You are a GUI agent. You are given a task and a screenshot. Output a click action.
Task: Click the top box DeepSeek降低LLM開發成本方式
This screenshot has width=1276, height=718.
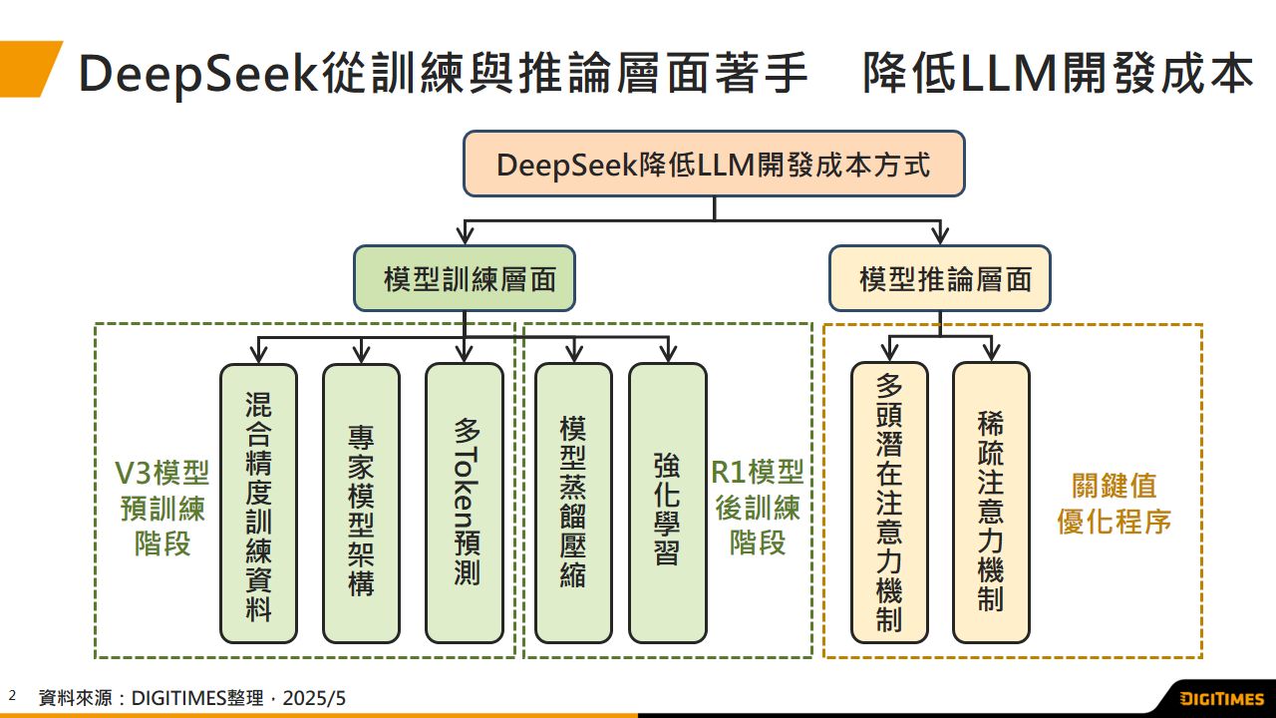(714, 164)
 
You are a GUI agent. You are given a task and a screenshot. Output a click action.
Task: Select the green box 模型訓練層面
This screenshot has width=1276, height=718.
(465, 278)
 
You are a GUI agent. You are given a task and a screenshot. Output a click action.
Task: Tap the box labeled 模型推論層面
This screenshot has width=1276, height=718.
(940, 278)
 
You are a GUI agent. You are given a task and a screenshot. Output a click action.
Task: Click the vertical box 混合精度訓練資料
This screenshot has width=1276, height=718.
(259, 503)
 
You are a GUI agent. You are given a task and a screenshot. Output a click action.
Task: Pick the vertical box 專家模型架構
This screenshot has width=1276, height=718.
(361, 503)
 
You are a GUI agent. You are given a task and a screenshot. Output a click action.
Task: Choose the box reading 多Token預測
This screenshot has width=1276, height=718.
(465, 503)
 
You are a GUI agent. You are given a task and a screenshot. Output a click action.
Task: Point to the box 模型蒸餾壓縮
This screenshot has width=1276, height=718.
(573, 503)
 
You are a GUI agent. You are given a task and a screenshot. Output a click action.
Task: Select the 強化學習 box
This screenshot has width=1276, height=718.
(668, 503)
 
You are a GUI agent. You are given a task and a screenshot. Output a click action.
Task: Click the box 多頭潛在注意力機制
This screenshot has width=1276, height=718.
(889, 503)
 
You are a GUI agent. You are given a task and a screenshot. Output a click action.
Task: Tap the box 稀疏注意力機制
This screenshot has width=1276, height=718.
(991, 503)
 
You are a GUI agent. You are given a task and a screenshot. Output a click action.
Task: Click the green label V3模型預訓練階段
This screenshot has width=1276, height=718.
(161, 509)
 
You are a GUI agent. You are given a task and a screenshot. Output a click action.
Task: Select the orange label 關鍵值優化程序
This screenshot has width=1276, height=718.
(1115, 504)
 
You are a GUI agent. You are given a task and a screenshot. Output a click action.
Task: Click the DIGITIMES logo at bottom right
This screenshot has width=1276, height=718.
(1222, 698)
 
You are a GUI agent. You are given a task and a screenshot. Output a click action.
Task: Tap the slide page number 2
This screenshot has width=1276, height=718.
(13, 695)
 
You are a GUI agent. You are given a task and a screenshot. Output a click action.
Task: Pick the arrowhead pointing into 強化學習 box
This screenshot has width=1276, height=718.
(668, 353)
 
